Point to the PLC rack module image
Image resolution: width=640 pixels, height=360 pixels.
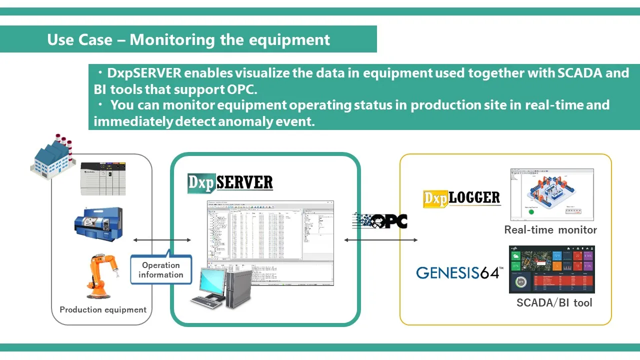coord(103,178)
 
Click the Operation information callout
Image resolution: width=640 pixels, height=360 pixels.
coord(161,270)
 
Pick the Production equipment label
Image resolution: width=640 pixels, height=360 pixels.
coord(103,309)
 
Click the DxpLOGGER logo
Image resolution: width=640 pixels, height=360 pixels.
coord(461,198)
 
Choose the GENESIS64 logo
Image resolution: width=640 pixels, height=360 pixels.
coord(459,273)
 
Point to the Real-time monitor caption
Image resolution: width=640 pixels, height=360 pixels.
coord(550,230)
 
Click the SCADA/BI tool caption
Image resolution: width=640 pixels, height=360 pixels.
coord(554,302)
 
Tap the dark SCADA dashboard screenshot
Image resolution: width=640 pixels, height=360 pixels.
coord(552,269)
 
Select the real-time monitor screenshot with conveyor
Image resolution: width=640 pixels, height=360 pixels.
coord(552,194)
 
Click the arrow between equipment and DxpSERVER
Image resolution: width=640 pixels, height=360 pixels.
coord(162,240)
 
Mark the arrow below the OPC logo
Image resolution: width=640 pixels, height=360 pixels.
coord(381,240)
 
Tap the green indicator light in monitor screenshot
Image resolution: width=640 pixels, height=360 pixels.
coord(531,211)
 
